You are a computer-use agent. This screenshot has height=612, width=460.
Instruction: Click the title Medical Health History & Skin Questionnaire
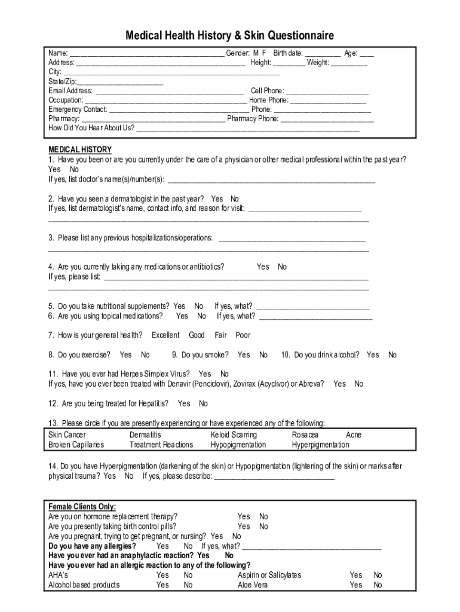coord(229,35)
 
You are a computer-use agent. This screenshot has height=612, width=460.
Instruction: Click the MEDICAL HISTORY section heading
coord(79,149)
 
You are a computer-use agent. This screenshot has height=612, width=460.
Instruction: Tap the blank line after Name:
coord(147,54)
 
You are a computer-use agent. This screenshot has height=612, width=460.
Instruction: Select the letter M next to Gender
coord(256,53)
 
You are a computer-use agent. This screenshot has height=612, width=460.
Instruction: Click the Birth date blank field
coord(323,54)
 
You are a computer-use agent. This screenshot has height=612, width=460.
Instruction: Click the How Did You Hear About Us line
coord(248,128)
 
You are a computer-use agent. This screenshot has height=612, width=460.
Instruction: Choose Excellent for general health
coord(165,335)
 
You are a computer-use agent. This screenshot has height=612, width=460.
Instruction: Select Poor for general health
coord(243,335)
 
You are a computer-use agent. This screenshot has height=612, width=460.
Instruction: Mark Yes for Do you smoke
coord(244,355)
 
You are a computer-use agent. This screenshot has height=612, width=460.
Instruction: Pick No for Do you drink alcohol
coord(392,355)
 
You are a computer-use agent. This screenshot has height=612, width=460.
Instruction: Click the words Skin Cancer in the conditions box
coord(67,435)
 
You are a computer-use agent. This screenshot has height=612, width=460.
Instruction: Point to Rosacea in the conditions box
coord(305,435)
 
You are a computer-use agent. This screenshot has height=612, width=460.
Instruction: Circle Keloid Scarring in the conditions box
coord(234,435)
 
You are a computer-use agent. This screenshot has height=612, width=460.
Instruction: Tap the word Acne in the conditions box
coord(354,435)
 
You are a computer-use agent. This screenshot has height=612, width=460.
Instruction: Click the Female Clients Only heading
coord(82,507)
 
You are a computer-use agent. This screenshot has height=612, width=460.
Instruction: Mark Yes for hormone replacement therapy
coord(244,516)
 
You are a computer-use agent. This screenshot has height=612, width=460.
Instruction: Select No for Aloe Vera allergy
coord(378,585)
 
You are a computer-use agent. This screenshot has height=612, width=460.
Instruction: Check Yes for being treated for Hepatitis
coord(184,403)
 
